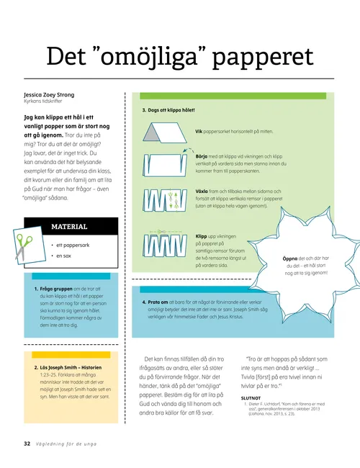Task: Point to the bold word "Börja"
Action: [202, 155]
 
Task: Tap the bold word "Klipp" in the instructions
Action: [202, 235]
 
